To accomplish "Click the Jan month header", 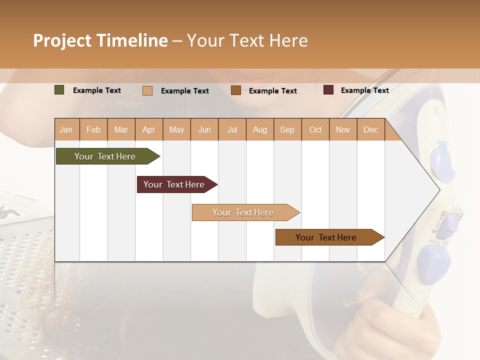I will point(66,129).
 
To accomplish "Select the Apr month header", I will point(149,129).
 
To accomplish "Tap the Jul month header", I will point(232,129).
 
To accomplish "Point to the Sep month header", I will point(287,129).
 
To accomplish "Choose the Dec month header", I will point(370,129).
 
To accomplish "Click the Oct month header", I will point(315,129).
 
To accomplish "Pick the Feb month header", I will point(93,129).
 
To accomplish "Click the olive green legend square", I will point(59,90).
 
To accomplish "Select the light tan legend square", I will point(147,90).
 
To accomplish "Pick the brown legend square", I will point(236,90).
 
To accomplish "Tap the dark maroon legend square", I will point(328,90).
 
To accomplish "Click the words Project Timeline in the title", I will point(100,40).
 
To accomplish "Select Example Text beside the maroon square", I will point(364,90).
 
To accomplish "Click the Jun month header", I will point(204,129).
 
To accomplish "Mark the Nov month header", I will point(343,129).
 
